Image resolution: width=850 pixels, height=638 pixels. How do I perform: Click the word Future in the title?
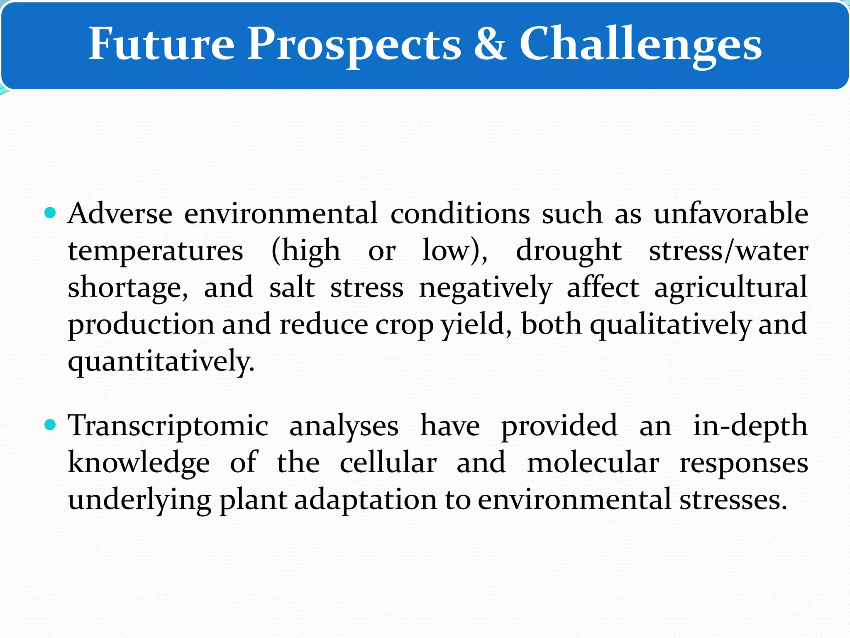(161, 44)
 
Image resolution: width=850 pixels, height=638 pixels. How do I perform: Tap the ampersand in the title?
(490, 44)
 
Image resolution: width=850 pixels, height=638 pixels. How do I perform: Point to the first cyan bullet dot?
(50, 213)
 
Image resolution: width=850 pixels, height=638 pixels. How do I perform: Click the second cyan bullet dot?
(50, 425)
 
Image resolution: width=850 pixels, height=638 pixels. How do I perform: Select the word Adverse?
(120, 214)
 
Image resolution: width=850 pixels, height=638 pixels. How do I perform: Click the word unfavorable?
(730, 214)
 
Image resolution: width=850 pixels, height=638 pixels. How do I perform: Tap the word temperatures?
(156, 251)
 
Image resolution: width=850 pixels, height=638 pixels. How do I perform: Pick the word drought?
(568, 251)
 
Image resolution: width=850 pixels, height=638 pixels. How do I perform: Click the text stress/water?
(728, 251)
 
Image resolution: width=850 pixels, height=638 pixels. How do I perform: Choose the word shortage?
(127, 288)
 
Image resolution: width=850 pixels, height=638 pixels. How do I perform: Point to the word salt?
(292, 287)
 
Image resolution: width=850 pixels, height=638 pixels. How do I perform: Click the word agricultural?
(730, 288)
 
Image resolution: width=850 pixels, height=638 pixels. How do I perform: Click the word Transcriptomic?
(169, 427)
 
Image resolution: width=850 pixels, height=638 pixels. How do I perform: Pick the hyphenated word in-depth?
(750, 427)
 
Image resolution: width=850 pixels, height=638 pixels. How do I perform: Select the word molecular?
(593, 463)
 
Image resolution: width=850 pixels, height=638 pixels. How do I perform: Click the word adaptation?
(365, 500)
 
